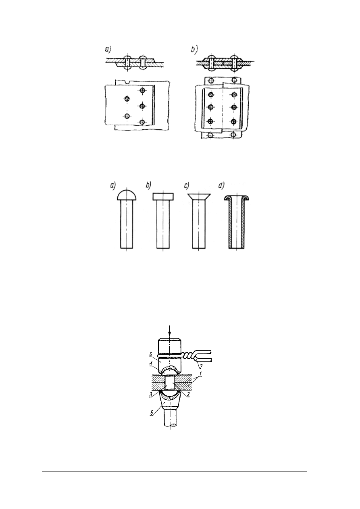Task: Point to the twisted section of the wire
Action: (188, 357)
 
